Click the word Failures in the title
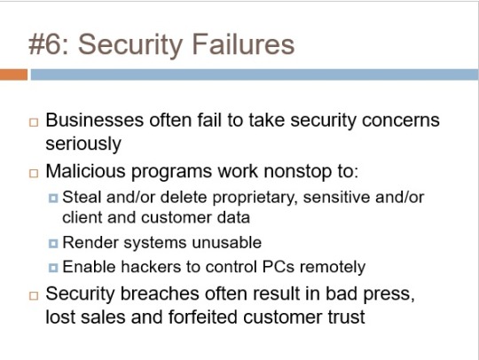[x=243, y=44]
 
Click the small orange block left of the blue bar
[x=13, y=74]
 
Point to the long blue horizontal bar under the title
[x=255, y=74]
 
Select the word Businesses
[x=95, y=120]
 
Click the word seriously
[x=83, y=144]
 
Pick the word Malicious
[x=85, y=171]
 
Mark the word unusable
[x=227, y=243]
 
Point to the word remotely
[x=333, y=268]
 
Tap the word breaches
[x=160, y=293]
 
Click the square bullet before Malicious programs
[x=34, y=174]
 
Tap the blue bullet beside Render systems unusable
[x=53, y=244]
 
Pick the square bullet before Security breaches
[x=34, y=295]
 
